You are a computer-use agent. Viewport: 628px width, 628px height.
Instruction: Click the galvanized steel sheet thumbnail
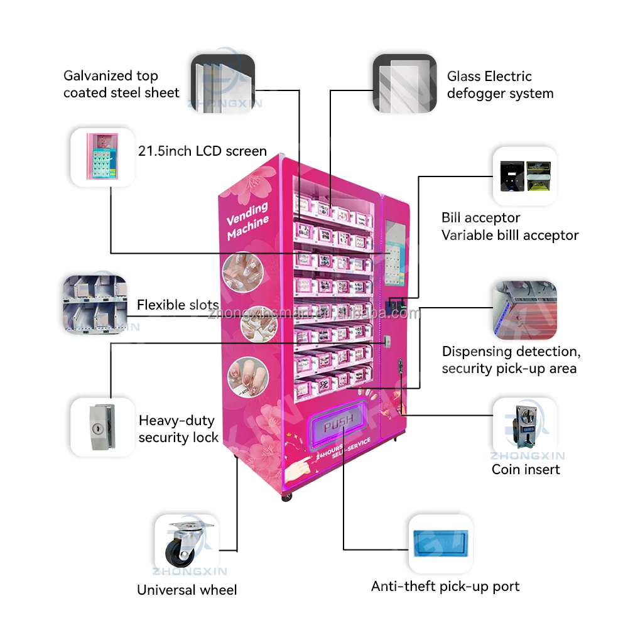coord(222,85)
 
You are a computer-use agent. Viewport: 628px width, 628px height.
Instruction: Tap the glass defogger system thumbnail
coord(405,85)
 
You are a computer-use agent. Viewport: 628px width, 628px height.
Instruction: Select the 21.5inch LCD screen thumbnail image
coord(102,157)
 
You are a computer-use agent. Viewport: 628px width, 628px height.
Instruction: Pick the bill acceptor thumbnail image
coord(525,176)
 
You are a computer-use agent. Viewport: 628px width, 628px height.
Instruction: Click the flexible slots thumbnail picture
coord(95,305)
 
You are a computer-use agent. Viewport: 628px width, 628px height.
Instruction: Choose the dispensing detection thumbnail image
coord(525,310)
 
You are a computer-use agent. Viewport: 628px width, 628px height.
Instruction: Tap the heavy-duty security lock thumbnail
coord(102,427)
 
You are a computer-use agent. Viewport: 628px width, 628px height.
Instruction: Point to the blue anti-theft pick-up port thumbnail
coord(440,544)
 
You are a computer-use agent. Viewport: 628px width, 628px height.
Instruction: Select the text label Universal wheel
coord(187,590)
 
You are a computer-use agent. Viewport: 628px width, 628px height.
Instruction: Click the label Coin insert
coord(526,469)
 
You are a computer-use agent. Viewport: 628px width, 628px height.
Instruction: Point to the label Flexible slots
coord(178,305)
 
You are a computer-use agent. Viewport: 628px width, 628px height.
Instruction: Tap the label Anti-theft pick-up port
coord(445,587)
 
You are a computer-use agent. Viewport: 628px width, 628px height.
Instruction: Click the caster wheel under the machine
coord(287,496)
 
